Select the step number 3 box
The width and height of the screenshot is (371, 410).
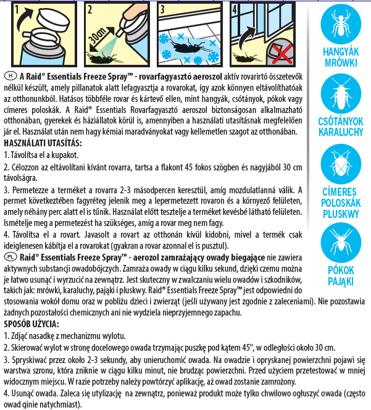162,10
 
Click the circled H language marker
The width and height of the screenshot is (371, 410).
9,75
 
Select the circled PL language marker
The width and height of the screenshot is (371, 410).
10,255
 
